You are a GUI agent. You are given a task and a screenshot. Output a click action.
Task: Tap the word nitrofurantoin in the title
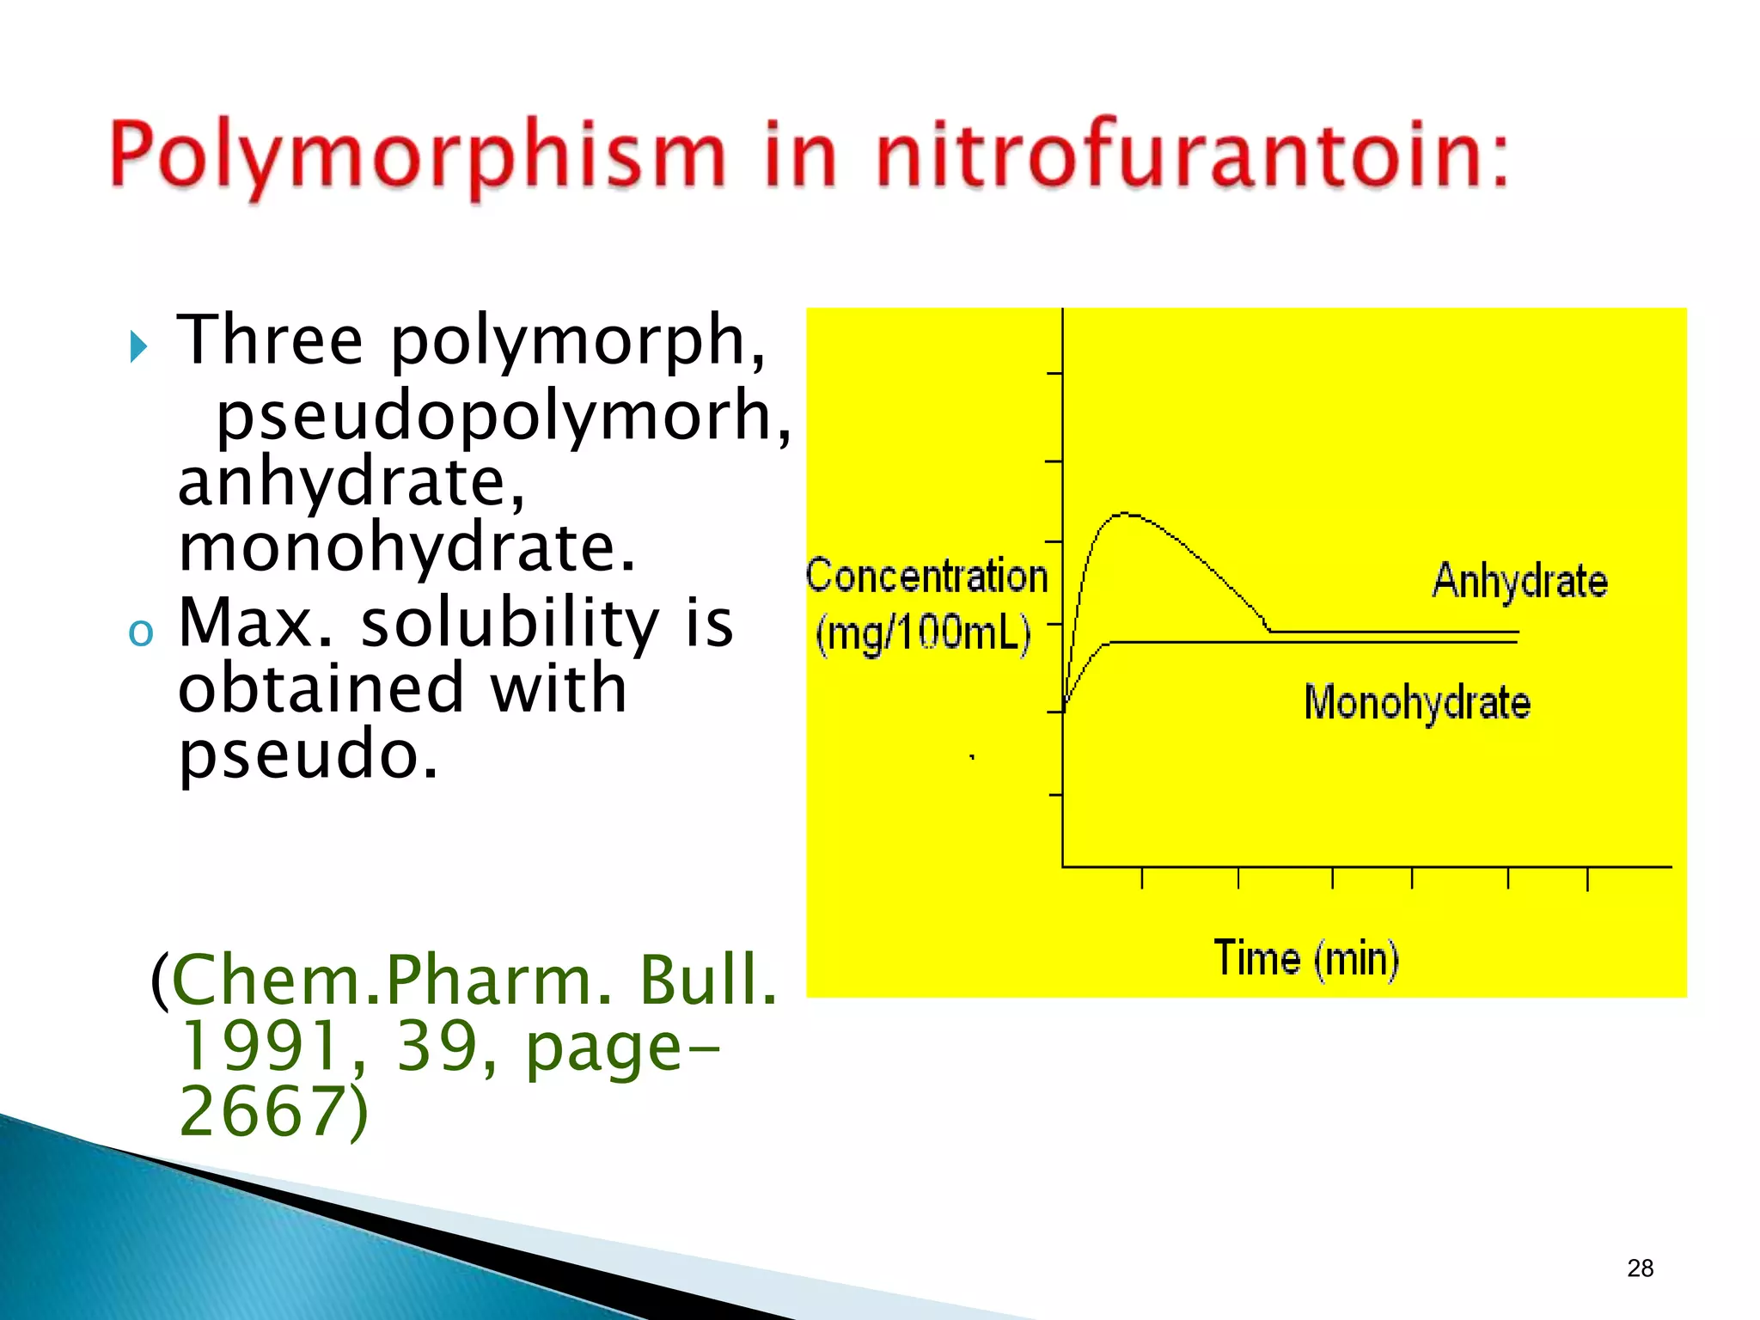(x=1190, y=155)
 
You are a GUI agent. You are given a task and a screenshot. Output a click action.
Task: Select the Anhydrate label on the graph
(x=1519, y=581)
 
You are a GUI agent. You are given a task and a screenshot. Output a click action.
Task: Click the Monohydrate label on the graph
(x=1417, y=703)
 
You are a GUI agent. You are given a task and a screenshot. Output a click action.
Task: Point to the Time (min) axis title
(x=1305, y=958)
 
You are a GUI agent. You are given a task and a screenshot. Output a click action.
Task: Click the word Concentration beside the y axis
(x=926, y=576)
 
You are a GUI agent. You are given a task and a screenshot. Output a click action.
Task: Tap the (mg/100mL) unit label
(x=923, y=634)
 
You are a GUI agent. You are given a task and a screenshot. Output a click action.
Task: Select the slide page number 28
(x=1640, y=1268)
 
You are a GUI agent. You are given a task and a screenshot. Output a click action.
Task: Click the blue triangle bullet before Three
(x=138, y=346)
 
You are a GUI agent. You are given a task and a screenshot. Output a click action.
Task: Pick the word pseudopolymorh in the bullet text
(x=503, y=415)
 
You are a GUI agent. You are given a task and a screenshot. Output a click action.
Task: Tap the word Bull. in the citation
(x=708, y=980)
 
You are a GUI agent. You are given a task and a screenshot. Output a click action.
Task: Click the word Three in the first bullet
(x=270, y=340)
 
